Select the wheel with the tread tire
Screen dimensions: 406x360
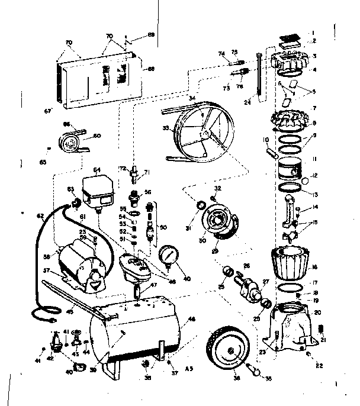coord(228,350)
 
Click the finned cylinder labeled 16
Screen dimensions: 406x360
coord(290,262)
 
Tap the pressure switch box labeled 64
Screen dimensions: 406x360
coord(99,189)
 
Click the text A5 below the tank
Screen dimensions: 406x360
coord(189,368)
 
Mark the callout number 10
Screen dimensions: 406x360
coord(266,140)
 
